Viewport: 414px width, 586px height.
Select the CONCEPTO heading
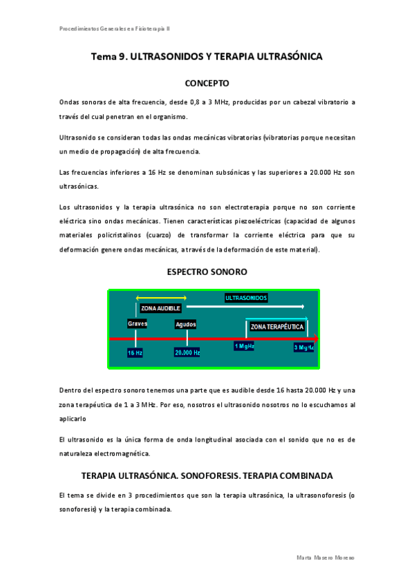(207, 84)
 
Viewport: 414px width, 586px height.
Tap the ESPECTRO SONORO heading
(207, 272)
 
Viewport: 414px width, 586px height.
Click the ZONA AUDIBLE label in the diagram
(160, 308)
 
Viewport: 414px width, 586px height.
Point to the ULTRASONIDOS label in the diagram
(246, 298)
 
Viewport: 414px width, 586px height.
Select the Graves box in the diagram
(137, 323)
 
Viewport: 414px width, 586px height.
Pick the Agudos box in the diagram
(186, 324)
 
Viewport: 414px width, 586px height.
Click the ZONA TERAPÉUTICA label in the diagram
(276, 326)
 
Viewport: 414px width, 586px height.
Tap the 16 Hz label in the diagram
(135, 352)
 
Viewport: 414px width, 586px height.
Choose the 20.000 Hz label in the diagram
(187, 352)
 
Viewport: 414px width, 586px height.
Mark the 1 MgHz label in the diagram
(244, 346)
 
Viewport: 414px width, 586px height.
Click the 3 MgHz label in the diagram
(303, 347)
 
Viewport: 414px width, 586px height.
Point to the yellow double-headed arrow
(161, 297)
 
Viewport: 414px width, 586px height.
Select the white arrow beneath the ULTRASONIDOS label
(245, 305)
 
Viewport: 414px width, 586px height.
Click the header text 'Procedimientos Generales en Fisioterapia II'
(115, 28)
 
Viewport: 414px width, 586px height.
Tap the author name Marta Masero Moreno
(325, 557)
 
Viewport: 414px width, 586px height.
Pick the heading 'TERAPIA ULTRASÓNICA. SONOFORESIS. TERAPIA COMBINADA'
(207, 476)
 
